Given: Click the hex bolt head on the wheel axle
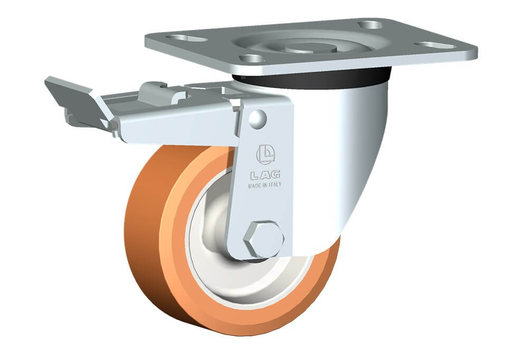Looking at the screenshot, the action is tap(263, 240).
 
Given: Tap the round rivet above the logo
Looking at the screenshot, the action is tap(258, 119).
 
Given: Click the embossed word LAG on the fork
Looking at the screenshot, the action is tap(266, 175).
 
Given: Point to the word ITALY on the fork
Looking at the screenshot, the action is tap(275, 185).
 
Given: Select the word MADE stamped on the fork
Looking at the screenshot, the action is tap(254, 186).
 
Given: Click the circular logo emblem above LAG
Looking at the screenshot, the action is tap(266, 155).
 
